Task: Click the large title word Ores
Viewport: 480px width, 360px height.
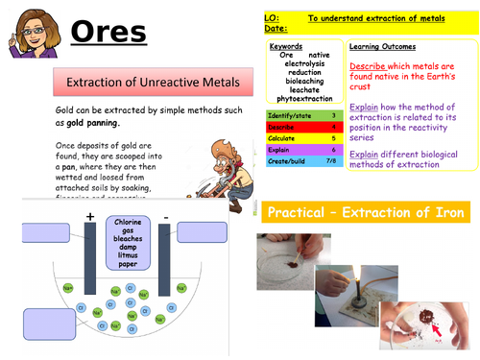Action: pos(108,34)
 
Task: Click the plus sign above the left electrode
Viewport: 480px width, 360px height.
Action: pos(90,217)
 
